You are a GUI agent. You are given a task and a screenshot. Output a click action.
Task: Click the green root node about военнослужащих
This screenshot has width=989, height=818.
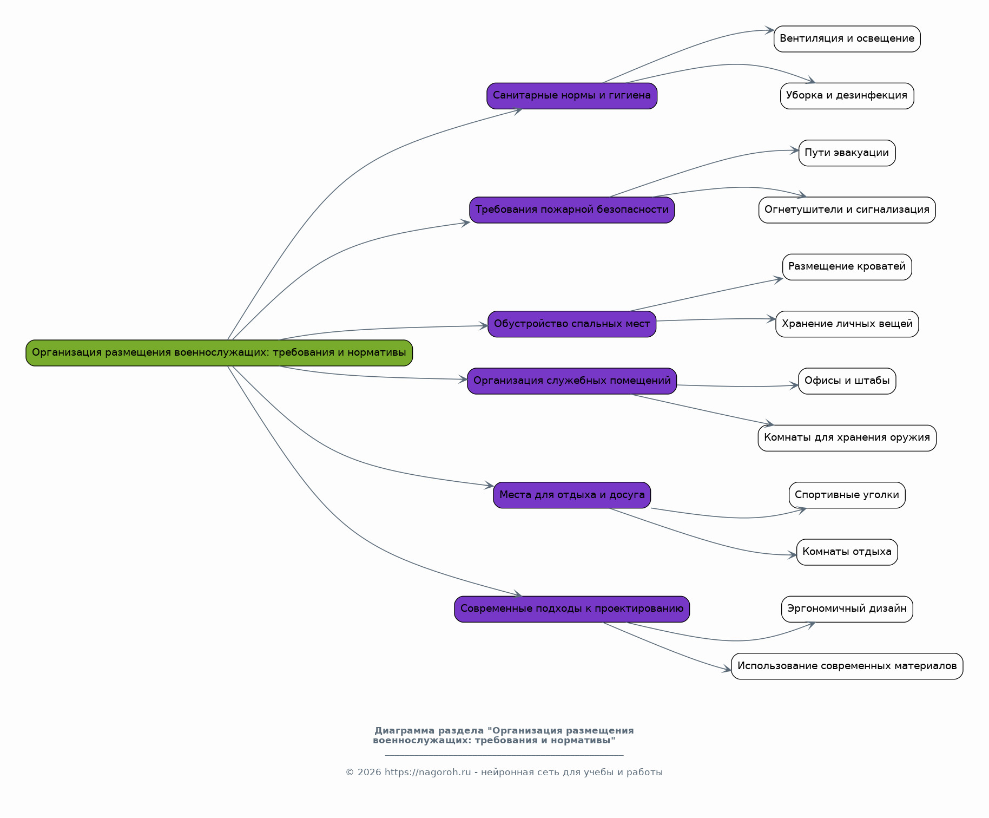pos(219,353)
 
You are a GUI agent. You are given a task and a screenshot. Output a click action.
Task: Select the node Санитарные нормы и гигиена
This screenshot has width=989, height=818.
pos(572,96)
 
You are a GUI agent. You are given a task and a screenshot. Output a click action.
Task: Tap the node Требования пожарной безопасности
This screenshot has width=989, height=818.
pos(572,210)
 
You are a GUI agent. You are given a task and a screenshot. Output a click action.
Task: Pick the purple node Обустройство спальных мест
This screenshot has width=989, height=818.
pos(572,324)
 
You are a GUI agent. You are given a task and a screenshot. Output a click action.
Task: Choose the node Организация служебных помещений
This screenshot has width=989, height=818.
pos(572,381)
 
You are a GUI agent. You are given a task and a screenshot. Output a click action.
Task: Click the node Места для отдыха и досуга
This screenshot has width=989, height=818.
pos(572,495)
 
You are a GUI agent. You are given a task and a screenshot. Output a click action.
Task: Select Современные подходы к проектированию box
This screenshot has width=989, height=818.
pos(572,609)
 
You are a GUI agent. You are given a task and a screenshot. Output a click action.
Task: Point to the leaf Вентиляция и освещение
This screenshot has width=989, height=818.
pos(847,39)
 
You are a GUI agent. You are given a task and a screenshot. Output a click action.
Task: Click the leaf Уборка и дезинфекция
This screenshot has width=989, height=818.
pos(847,96)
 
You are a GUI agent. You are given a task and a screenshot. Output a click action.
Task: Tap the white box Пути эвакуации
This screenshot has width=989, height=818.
pos(847,153)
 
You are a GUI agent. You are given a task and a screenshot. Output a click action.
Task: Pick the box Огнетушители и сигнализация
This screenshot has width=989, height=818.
pos(847,210)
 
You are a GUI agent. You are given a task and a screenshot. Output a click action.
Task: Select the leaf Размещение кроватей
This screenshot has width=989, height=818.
pos(847,267)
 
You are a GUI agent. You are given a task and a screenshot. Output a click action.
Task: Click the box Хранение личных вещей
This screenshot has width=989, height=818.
pos(847,324)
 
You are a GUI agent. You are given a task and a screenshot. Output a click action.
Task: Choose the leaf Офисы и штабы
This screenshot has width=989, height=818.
pos(847,381)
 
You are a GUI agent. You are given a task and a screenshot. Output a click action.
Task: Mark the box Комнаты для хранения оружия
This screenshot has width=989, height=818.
pos(847,438)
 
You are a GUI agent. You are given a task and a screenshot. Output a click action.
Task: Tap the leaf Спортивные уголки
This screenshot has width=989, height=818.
pos(847,495)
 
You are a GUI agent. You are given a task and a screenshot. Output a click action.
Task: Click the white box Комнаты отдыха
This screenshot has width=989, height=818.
pos(847,552)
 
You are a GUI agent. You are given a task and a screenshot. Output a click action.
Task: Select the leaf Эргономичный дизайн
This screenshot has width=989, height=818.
pos(847,609)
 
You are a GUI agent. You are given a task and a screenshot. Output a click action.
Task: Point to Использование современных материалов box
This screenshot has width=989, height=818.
pos(847,666)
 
